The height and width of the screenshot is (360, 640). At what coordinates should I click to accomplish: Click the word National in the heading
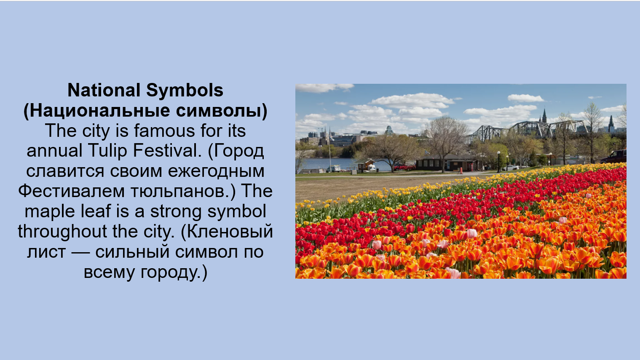click(104, 90)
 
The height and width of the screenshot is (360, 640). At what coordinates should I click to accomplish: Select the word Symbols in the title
click(185, 91)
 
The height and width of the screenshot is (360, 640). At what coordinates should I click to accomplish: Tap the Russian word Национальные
click(100, 111)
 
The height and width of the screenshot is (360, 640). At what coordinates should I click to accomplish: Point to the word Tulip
click(107, 151)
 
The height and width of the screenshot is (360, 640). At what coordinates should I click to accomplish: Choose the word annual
click(54, 150)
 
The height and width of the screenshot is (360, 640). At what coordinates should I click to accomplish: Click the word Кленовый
click(230, 232)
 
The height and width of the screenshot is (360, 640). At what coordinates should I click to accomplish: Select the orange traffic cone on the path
click(461, 171)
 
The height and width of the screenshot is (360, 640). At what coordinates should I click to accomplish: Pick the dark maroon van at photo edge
click(614, 157)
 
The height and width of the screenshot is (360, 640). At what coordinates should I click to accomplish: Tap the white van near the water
click(334, 168)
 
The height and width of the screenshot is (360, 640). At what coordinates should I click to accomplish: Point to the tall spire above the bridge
click(544, 116)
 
